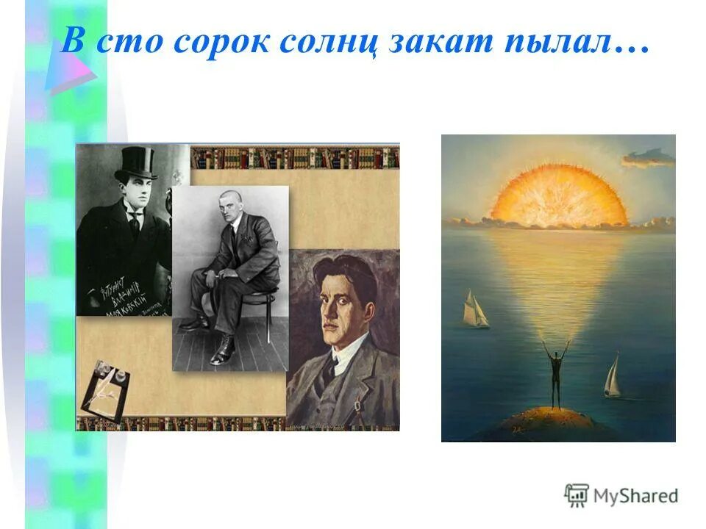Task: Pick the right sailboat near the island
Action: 613,377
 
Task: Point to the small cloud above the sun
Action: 647,156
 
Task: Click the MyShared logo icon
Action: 577,495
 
